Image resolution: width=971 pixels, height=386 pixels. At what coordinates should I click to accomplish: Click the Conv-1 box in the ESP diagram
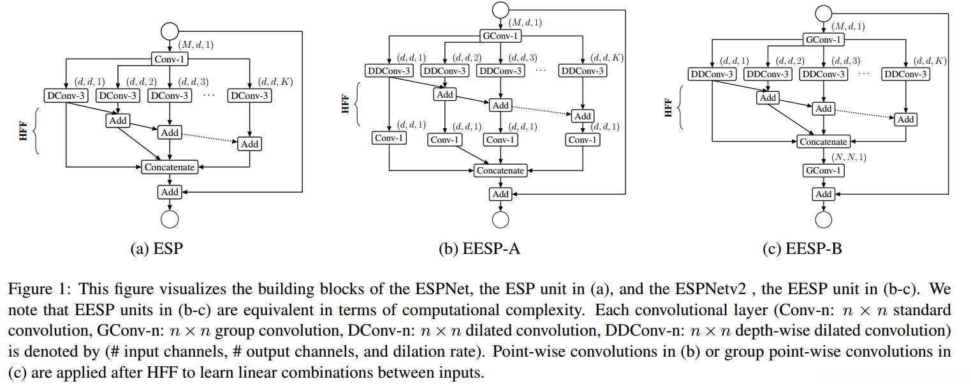point(170,59)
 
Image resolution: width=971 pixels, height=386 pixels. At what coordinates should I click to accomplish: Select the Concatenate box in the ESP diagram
point(170,167)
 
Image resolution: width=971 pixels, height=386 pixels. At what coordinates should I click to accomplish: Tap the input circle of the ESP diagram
point(170,31)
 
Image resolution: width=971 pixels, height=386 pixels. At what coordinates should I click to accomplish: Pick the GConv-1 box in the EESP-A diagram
point(500,36)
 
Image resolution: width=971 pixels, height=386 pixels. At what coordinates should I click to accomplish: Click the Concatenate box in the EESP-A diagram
point(500,170)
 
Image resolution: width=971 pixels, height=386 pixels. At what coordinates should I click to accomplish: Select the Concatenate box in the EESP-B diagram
point(824,142)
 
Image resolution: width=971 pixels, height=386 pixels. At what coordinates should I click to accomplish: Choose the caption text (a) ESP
point(156,249)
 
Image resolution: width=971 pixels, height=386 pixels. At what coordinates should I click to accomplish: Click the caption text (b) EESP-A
point(479,249)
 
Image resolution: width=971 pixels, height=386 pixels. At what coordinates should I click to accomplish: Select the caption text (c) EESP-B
point(802,249)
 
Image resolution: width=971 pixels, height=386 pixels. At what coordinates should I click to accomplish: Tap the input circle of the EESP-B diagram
point(824,12)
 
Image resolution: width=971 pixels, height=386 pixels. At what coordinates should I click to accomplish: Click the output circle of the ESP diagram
point(170,219)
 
